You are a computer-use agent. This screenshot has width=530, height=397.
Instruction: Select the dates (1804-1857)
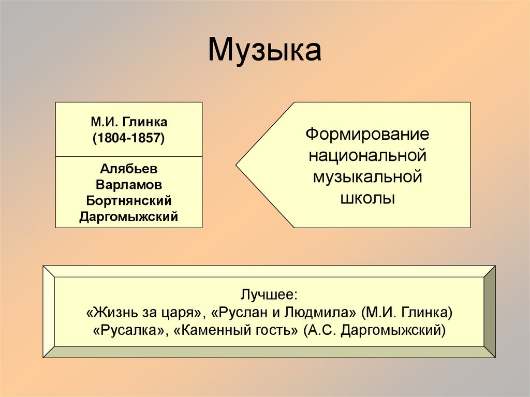click(128, 139)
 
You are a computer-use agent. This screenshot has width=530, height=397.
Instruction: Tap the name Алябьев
click(128, 169)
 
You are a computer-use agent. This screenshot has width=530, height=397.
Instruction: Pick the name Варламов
click(128, 185)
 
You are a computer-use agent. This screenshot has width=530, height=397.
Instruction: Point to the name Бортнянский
click(128, 200)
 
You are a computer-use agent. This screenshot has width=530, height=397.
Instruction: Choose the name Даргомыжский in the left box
click(128, 216)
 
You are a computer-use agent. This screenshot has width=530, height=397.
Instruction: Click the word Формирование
click(367, 135)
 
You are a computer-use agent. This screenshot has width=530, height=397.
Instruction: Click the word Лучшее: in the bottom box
click(269, 295)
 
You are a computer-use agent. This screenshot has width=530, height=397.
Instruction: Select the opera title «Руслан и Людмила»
click(288, 313)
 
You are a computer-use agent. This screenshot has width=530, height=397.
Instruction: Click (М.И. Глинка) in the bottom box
click(407, 313)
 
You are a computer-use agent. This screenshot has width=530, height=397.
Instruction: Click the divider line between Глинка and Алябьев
click(128, 156)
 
